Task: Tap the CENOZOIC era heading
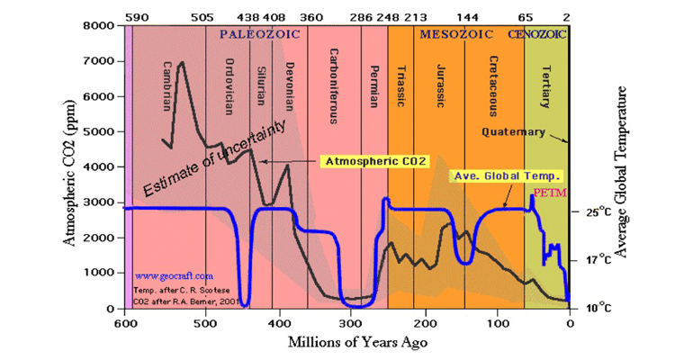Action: point(536,34)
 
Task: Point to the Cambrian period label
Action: point(167,85)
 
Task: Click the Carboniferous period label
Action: point(333,82)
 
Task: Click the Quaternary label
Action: point(513,131)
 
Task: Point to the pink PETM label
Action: point(546,193)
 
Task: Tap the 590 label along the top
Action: point(136,17)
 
